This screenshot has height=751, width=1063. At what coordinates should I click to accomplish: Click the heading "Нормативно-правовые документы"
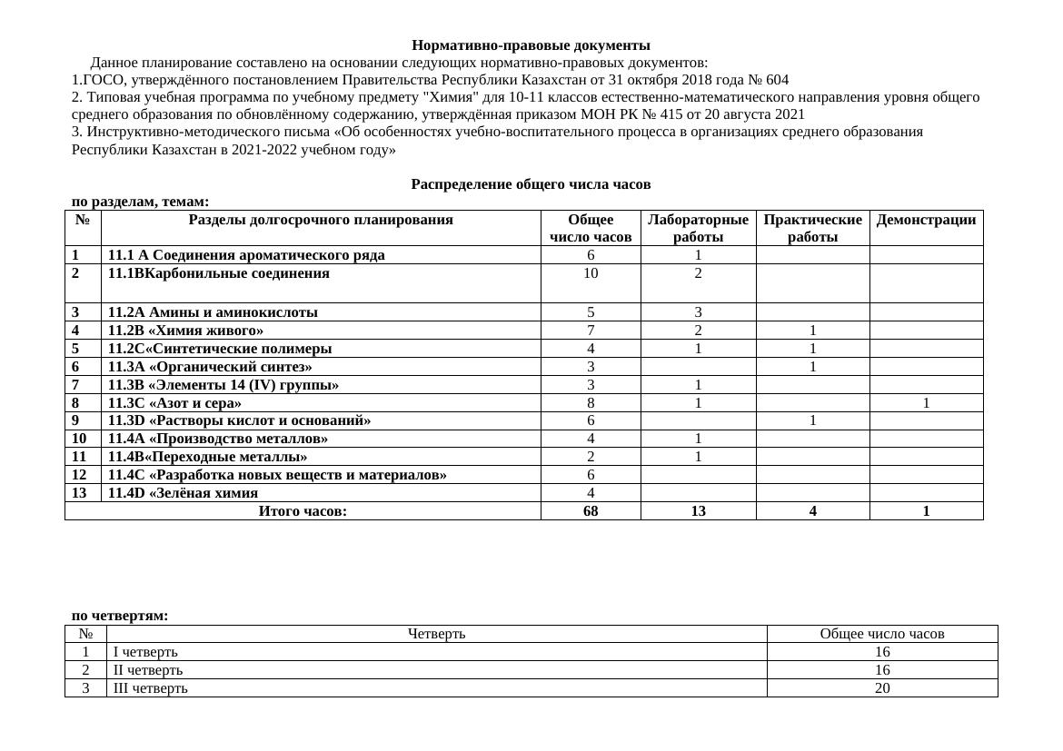point(531,45)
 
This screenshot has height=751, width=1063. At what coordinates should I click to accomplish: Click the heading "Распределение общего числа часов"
point(531,184)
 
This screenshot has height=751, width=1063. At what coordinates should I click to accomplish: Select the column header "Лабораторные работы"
point(698,228)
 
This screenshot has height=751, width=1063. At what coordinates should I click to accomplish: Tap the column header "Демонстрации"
point(926,220)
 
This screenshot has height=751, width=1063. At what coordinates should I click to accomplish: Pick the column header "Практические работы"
point(812,228)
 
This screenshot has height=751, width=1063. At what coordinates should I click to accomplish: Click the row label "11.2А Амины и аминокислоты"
point(213,312)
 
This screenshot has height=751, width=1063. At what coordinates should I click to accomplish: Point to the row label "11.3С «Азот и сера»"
point(174,403)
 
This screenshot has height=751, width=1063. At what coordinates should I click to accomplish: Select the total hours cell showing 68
point(591,511)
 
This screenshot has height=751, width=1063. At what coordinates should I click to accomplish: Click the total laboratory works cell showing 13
point(698,511)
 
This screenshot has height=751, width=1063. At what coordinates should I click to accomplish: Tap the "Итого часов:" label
point(303,511)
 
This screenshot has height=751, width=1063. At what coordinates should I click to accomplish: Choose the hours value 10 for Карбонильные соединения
point(591,273)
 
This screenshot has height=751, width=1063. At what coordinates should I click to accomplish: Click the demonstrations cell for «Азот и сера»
point(926,403)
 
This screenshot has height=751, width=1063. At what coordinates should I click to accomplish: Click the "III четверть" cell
point(151,688)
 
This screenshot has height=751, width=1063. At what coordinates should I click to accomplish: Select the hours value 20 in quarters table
point(881,688)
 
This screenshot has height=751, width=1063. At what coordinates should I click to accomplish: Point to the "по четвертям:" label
point(120,616)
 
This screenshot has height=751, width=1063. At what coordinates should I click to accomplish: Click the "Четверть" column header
point(436,634)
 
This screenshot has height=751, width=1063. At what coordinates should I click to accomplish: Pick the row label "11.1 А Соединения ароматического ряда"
point(246,255)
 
